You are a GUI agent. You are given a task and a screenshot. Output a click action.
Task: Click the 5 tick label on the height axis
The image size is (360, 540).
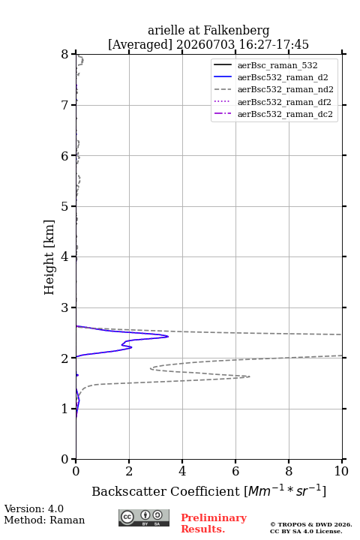tap(65, 206)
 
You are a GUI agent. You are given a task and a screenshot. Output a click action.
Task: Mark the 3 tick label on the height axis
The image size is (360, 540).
tap(65, 307)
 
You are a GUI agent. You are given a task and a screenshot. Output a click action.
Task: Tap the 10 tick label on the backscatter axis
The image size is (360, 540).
tap(341, 471)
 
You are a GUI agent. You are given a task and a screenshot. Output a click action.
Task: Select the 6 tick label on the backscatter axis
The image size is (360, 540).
tap(235, 471)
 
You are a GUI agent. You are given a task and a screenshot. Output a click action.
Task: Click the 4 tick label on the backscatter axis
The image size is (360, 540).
tap(182, 471)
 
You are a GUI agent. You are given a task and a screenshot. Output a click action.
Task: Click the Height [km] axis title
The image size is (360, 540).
tap(49, 257)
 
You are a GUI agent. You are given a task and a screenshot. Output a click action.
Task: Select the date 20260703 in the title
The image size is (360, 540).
tap(205, 44)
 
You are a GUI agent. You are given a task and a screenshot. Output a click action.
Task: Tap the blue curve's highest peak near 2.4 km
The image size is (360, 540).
tap(168, 337)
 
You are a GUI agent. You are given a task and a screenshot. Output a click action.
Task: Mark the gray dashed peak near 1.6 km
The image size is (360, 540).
tap(250, 376)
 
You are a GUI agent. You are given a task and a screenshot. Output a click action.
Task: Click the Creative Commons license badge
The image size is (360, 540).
tap(144, 517)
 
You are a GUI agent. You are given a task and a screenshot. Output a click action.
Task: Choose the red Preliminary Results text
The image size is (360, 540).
tap(214, 523)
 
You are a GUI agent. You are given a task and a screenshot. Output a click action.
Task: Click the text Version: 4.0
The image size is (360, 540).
tap(34, 508)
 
